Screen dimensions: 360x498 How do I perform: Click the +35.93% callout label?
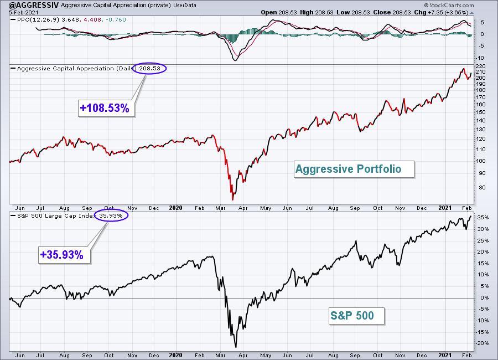[61, 256]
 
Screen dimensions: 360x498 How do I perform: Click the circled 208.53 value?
[151, 69]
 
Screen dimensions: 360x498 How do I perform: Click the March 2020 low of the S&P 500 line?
[236, 347]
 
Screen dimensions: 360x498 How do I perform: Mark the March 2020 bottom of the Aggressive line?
[233, 199]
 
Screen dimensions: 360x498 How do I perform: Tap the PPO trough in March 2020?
[236, 59]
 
